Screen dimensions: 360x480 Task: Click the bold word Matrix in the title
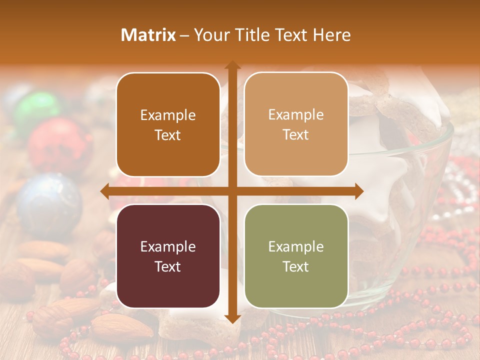pyautogui.click(x=148, y=35)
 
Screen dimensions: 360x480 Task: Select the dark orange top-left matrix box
pyautogui.click(x=168, y=125)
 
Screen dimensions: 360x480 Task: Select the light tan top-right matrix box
pyautogui.click(x=296, y=124)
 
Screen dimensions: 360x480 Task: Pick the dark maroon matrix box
pyautogui.click(x=168, y=256)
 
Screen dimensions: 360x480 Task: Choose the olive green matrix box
pyautogui.click(x=296, y=256)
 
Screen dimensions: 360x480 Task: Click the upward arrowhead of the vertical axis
pyautogui.click(x=232, y=65)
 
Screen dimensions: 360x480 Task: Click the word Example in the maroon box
pyautogui.click(x=168, y=246)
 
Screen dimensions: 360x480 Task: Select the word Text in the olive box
pyautogui.click(x=296, y=266)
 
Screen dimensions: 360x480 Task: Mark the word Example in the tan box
pyautogui.click(x=296, y=115)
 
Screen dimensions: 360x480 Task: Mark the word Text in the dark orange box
pyautogui.click(x=168, y=135)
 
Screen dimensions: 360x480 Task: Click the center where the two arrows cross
pyautogui.click(x=232, y=191)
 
